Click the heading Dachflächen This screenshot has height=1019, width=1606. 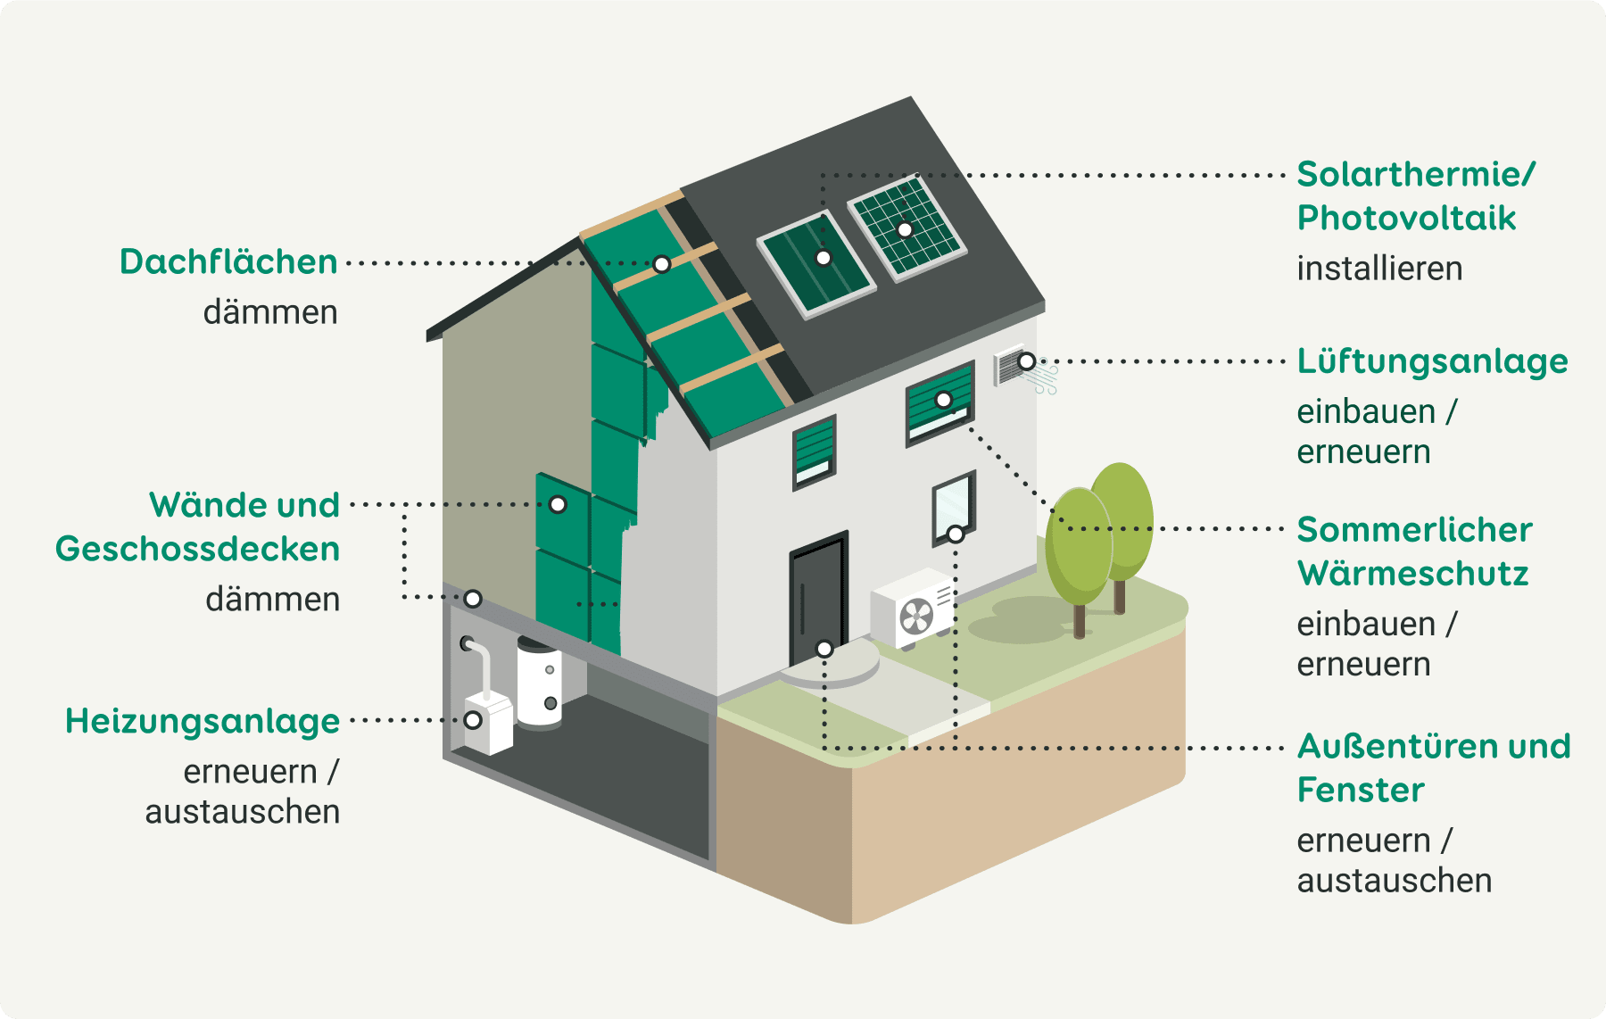click(x=228, y=262)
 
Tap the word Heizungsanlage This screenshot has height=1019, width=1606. click(x=203, y=721)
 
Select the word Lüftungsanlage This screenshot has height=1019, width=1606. click(x=1432, y=361)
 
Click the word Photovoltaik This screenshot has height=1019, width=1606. click(x=1406, y=218)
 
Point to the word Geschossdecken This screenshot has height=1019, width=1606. click(x=197, y=549)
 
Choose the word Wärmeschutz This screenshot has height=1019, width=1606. click(x=1412, y=573)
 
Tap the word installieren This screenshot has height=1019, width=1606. click(x=1379, y=269)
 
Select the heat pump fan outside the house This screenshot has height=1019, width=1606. click(x=916, y=616)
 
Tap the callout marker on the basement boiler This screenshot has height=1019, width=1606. click(x=474, y=720)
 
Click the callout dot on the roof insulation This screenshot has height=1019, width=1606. click(x=661, y=264)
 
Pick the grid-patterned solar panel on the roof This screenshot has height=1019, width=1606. click(x=907, y=228)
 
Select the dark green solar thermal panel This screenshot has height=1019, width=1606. click(x=816, y=262)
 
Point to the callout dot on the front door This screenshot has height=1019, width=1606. click(x=824, y=649)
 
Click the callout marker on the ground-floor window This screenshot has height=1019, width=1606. click(x=956, y=534)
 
